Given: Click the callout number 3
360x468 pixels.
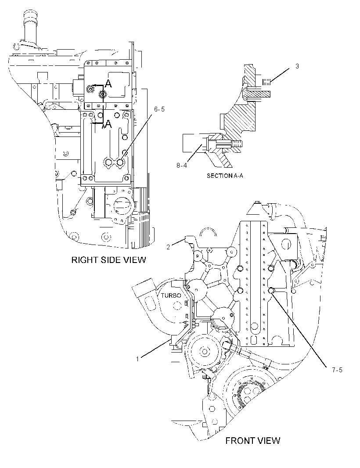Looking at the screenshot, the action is (x=297, y=66).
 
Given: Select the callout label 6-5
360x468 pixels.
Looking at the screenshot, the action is (x=159, y=110).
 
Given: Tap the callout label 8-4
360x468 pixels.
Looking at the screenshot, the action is (x=181, y=165).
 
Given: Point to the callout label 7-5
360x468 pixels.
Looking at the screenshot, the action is (x=337, y=370).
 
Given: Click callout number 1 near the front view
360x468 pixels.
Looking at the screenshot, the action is (x=137, y=359).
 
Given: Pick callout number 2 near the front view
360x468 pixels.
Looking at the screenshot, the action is (x=168, y=247).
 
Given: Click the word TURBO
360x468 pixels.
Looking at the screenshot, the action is (x=171, y=295).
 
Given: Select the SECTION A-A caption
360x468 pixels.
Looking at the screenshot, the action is (x=225, y=176).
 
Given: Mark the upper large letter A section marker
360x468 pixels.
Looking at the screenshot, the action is (x=108, y=84).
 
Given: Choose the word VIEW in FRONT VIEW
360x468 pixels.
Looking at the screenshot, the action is (x=268, y=440).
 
